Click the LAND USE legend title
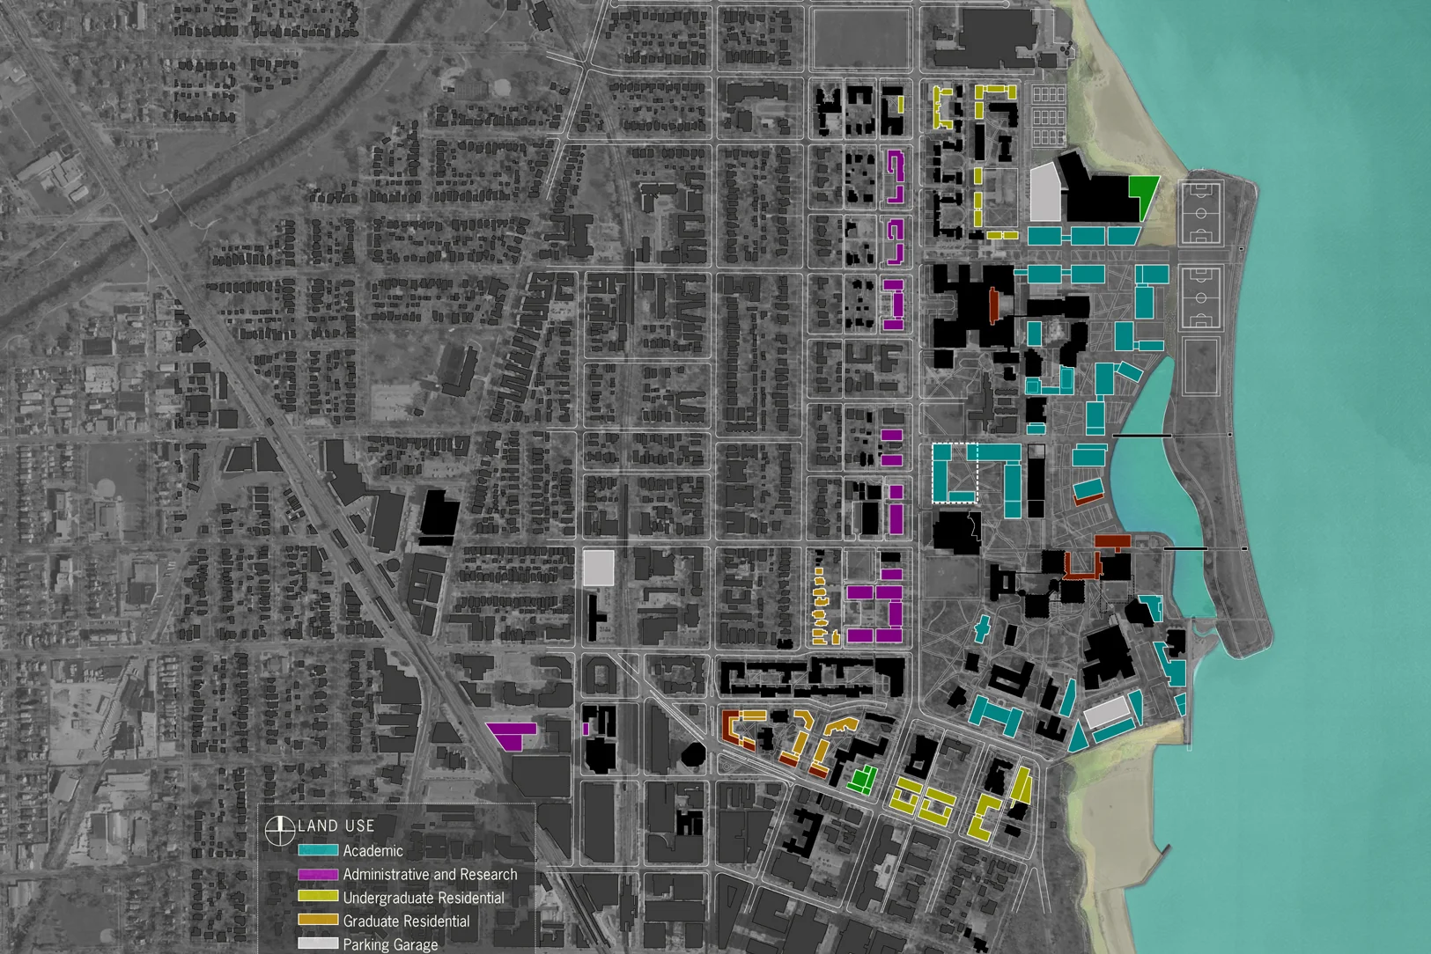(336, 826)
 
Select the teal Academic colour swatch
(318, 851)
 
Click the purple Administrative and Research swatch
(318, 875)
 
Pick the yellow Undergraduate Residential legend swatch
(318, 898)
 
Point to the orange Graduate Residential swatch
(318, 921)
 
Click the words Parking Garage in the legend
(390, 944)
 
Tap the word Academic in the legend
(373, 851)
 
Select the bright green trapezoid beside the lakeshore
(1143, 193)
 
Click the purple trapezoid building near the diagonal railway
(513, 735)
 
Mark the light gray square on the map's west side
(598, 568)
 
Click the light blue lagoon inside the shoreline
(1149, 475)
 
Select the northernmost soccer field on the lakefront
(1200, 213)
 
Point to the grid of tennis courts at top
(1048, 114)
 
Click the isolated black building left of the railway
(439, 513)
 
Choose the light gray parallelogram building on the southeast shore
(1106, 712)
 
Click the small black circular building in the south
(694, 754)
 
